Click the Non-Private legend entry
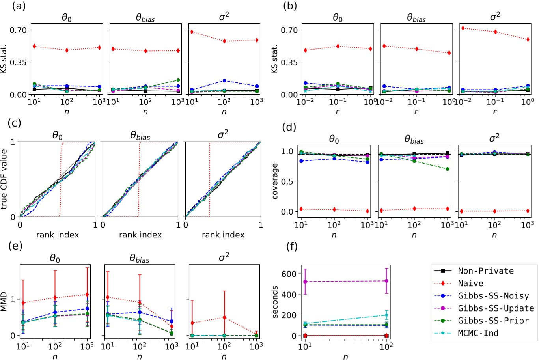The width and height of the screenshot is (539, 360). [x=485, y=271]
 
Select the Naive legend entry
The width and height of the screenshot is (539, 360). [x=470, y=283]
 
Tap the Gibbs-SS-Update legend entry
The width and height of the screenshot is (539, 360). [x=496, y=308]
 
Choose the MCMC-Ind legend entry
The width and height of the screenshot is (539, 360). [x=478, y=333]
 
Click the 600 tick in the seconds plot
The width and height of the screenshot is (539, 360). [x=290, y=274]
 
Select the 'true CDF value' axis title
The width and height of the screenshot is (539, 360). [x=4, y=179]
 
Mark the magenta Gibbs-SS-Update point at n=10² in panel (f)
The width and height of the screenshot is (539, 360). [x=386, y=281]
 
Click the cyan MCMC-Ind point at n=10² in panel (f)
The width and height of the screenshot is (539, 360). [x=386, y=315]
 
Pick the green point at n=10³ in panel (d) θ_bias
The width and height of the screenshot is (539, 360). [x=447, y=169]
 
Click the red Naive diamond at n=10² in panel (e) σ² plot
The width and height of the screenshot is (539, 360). [x=224, y=317]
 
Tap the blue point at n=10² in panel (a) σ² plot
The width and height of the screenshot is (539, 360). [x=224, y=81]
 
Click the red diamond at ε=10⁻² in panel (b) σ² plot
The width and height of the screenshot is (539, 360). [x=463, y=28]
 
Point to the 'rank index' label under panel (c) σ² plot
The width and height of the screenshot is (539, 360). [x=223, y=235]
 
